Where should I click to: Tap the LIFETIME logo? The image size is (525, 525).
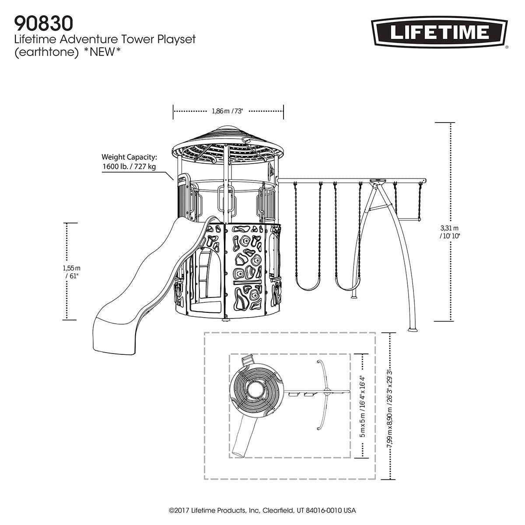(x=438, y=32)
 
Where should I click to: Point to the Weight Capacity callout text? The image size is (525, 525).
(x=129, y=161)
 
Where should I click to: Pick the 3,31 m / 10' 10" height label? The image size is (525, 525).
(x=450, y=231)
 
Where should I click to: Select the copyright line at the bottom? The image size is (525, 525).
(x=262, y=510)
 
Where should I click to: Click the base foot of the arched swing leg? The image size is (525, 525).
(x=413, y=329)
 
